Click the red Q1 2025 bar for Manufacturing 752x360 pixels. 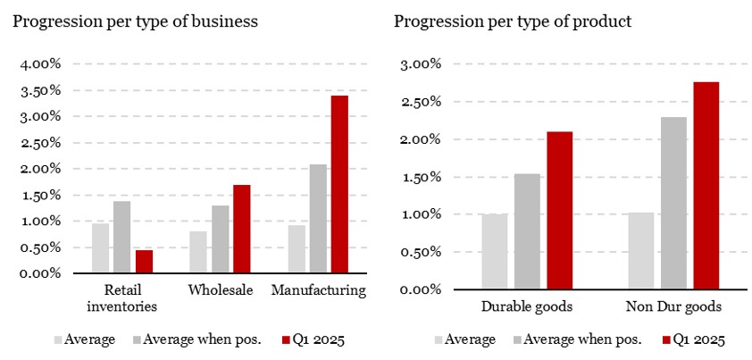coord(339,183)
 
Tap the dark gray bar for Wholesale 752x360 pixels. coord(220,239)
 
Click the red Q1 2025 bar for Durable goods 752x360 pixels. coord(559,210)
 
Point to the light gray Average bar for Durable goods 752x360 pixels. coord(495,251)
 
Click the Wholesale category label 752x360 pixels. coord(221,290)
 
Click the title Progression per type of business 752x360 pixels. coord(135,21)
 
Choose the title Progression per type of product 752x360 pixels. coord(513,21)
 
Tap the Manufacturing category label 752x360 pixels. coord(318,290)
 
